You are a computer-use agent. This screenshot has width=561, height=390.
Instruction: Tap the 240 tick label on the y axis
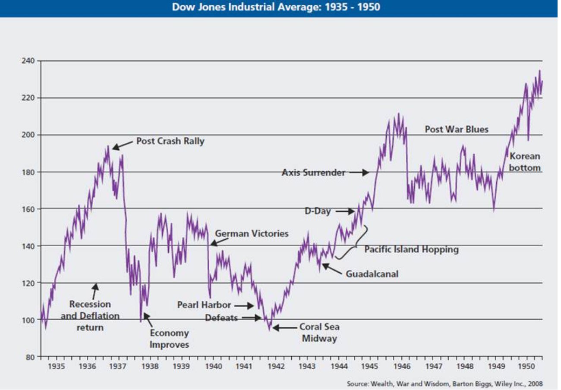click(x=28, y=61)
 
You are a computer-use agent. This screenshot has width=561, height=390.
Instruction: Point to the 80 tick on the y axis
click(x=30, y=357)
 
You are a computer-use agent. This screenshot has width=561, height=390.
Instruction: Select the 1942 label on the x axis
click(x=276, y=367)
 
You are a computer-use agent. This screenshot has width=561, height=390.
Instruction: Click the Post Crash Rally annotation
click(x=170, y=141)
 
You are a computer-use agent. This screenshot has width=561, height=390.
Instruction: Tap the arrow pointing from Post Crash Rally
click(x=122, y=145)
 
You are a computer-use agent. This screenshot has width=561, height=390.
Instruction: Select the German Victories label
click(x=252, y=234)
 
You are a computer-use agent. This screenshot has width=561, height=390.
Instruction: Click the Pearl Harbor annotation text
click(x=204, y=305)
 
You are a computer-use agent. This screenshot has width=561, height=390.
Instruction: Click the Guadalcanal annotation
click(x=372, y=274)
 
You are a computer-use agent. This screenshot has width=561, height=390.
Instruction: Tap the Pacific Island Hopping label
click(x=411, y=249)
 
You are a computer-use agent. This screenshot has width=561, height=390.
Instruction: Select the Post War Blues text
click(x=457, y=129)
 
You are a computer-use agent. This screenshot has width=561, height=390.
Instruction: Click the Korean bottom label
click(x=524, y=162)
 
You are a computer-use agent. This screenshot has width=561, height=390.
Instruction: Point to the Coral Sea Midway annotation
click(x=319, y=333)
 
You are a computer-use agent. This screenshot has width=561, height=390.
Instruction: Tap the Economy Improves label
click(x=169, y=339)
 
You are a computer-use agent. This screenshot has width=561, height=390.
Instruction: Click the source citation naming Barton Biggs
click(x=444, y=384)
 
